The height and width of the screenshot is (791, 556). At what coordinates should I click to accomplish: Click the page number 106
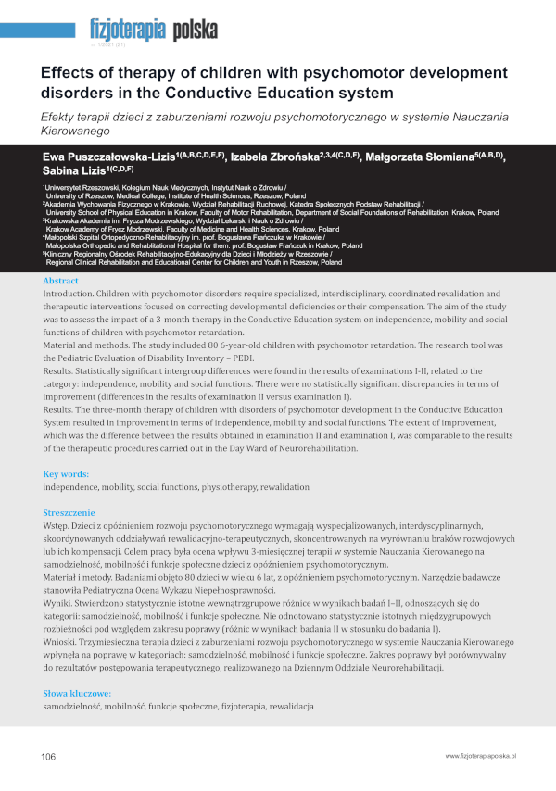(x=49, y=757)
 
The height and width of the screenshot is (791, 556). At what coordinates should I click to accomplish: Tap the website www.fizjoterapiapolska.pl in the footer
(x=480, y=757)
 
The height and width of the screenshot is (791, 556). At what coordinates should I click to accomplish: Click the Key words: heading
(x=67, y=473)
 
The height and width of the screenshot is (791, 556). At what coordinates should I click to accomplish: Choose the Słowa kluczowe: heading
(x=77, y=693)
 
